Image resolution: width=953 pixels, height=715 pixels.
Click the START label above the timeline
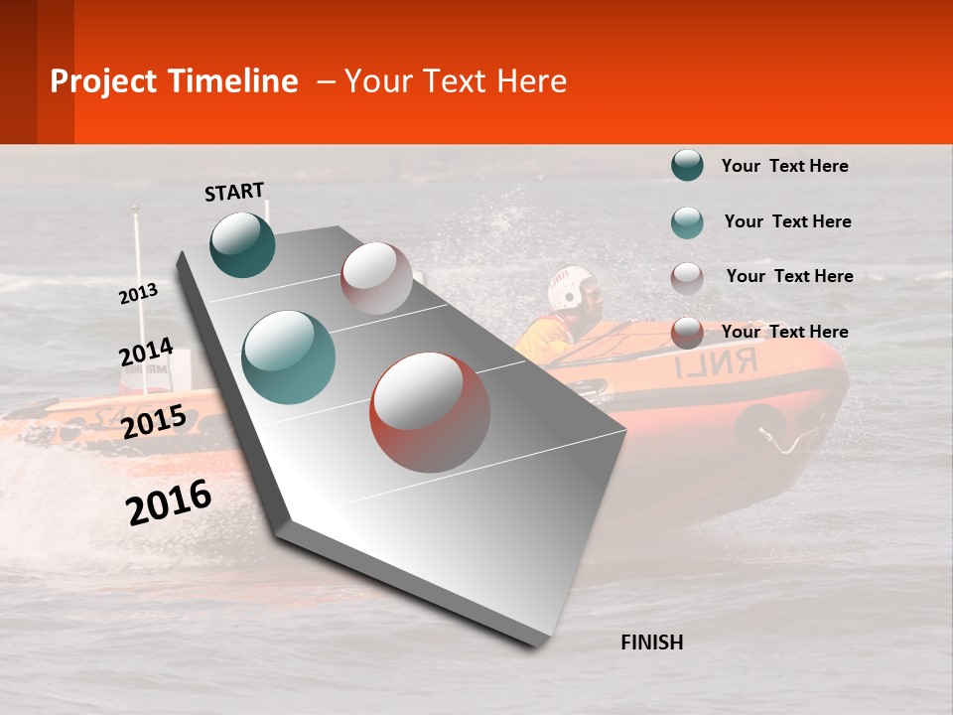pyautogui.click(x=234, y=192)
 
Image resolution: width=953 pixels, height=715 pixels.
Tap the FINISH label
pyautogui.click(x=651, y=643)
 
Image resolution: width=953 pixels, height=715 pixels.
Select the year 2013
pyautogui.click(x=139, y=294)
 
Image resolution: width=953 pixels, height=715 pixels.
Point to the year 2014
pyautogui.click(x=146, y=353)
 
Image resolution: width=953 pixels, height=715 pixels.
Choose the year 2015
pyautogui.click(x=154, y=422)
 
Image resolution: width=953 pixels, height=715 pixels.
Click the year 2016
pyautogui.click(x=169, y=501)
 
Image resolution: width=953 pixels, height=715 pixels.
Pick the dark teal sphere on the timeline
pyautogui.click(x=242, y=244)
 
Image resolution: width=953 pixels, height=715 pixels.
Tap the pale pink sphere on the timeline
pyautogui.click(x=376, y=278)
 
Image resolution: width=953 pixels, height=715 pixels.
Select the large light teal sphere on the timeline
pyautogui.click(x=289, y=357)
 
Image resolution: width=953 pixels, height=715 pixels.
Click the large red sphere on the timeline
pyautogui.click(x=430, y=412)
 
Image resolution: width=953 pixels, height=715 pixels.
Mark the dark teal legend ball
pyautogui.click(x=687, y=166)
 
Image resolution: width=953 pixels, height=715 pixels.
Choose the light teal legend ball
pyautogui.click(x=687, y=222)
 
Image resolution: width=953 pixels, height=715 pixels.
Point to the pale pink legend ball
pyautogui.click(x=687, y=278)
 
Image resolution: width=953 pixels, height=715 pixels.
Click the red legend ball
pyautogui.click(x=687, y=333)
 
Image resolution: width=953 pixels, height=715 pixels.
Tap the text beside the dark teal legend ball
pyautogui.click(x=784, y=166)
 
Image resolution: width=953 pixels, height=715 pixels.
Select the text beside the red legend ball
pyautogui.click(x=784, y=332)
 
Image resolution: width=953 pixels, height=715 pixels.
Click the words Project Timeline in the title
pyautogui.click(x=174, y=81)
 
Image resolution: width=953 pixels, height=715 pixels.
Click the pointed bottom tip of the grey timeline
pyautogui.click(x=537, y=643)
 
